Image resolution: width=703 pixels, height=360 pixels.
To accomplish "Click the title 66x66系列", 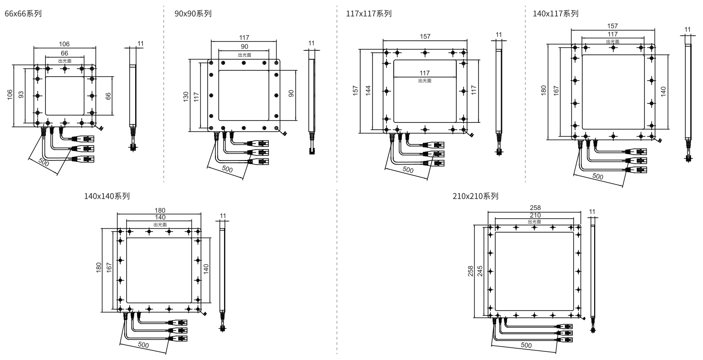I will [x=23, y=14].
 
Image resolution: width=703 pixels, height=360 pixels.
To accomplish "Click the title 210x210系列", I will [x=475, y=196].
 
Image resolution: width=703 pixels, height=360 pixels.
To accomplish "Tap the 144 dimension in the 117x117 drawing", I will [x=368, y=90].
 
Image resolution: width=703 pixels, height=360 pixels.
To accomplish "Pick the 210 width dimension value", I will [x=534, y=215].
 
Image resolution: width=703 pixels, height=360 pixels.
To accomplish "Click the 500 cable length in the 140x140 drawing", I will [x=143, y=345].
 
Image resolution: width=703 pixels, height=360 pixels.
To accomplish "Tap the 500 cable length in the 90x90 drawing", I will [x=227, y=170].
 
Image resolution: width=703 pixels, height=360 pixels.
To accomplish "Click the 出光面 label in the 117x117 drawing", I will [x=425, y=81].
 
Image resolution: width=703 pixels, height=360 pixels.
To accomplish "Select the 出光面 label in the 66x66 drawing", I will [x=64, y=60].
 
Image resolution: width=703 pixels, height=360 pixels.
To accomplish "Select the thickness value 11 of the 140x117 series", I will [x=688, y=30].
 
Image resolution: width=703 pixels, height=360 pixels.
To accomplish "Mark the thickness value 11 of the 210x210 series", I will [x=592, y=211].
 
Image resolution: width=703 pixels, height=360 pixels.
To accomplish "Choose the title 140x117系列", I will [x=556, y=14].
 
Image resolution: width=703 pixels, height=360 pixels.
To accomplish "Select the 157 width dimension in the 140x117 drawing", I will [x=612, y=26].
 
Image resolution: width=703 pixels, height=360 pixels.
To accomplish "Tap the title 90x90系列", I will [x=193, y=14].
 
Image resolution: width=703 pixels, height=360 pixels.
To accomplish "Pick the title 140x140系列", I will [x=107, y=196].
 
